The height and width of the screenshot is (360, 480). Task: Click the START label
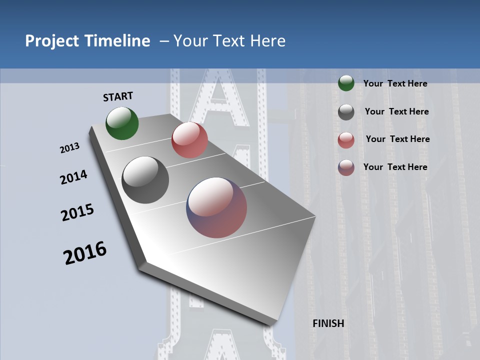[x=118, y=96]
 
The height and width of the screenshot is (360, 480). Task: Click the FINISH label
[x=328, y=323]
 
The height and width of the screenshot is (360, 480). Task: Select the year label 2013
[x=69, y=148]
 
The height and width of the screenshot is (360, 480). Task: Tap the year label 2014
[x=73, y=177]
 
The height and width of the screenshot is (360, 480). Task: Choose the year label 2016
[x=85, y=253]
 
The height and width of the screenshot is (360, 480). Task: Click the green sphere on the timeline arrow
[x=122, y=123]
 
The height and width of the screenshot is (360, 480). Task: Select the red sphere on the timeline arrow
[x=189, y=140]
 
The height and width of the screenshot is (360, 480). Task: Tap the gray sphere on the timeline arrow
[x=145, y=180]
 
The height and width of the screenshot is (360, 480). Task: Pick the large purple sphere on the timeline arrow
[x=216, y=207]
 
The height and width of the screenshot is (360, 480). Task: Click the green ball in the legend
[x=346, y=83]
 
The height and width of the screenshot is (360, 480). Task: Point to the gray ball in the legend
[x=346, y=112]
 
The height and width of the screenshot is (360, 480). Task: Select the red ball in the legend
[x=346, y=140]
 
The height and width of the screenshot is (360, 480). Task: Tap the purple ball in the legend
[x=346, y=167]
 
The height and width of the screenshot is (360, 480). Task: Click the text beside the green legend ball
[x=395, y=83]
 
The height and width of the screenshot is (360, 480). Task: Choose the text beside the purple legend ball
[x=395, y=167]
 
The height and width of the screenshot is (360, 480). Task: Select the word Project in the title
[x=50, y=41]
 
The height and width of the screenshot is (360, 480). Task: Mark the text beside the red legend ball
[x=397, y=139]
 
